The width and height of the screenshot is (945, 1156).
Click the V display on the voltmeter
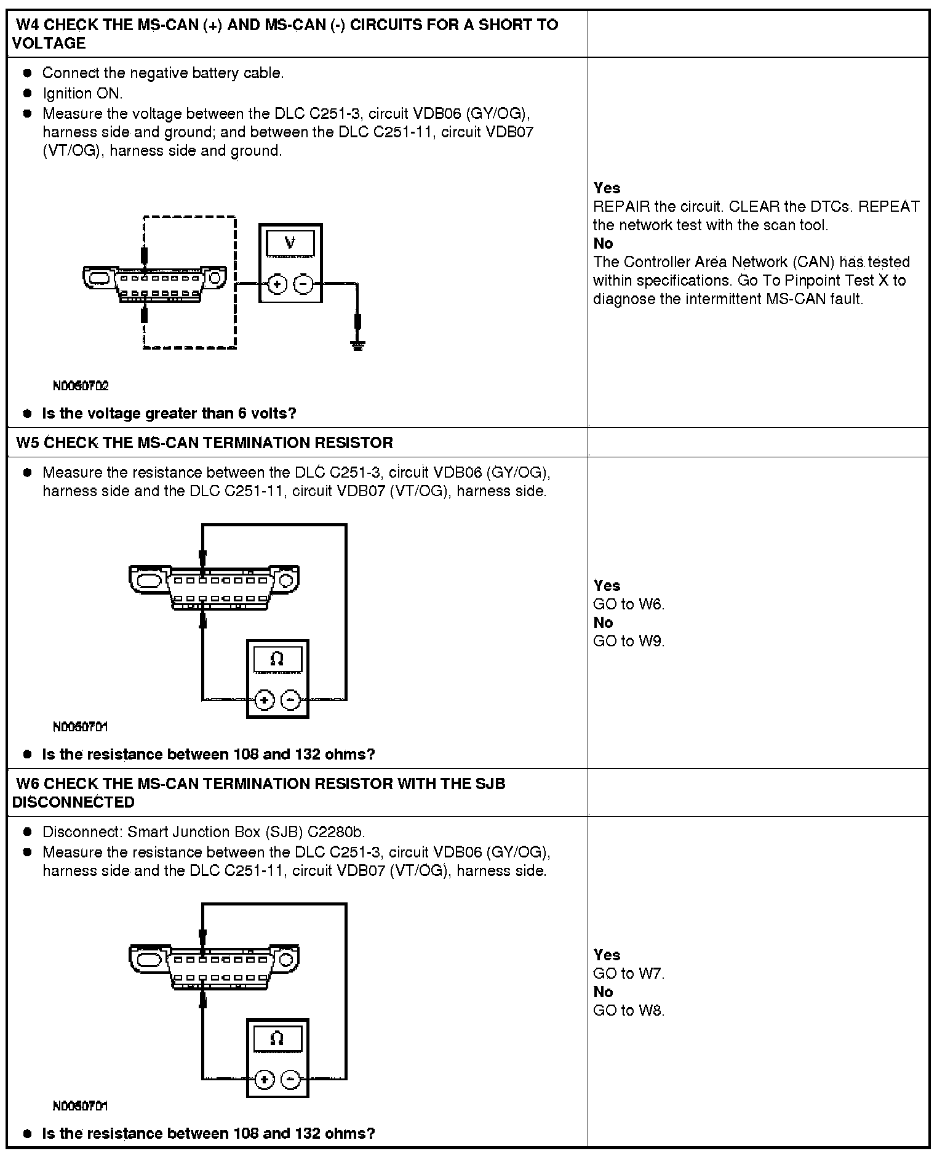point(290,243)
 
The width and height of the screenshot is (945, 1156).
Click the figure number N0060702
point(81,386)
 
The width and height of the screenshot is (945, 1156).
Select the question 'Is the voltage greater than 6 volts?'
point(169,414)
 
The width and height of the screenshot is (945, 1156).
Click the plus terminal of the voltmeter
point(277,284)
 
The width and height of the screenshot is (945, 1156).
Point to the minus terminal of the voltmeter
point(303,284)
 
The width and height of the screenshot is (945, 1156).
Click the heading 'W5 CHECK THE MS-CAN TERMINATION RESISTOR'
point(204,443)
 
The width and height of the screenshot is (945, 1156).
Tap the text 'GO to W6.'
point(629,604)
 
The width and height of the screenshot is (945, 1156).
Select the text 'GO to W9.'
point(629,641)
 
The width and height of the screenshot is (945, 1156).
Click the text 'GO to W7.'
point(629,974)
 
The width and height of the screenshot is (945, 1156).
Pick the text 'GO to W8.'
point(629,1011)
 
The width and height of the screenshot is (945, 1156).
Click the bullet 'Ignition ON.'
point(82,94)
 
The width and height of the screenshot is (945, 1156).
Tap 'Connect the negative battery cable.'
point(163,73)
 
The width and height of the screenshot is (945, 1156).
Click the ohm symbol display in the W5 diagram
point(277,660)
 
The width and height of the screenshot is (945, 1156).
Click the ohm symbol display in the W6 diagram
point(277,1040)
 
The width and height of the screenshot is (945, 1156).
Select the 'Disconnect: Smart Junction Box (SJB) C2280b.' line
point(204,832)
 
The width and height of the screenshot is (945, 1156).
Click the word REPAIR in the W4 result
point(616,207)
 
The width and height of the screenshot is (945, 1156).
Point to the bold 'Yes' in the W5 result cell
point(607,586)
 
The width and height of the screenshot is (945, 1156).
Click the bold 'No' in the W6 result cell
point(603,992)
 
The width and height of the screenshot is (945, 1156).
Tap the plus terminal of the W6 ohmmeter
point(265,1080)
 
